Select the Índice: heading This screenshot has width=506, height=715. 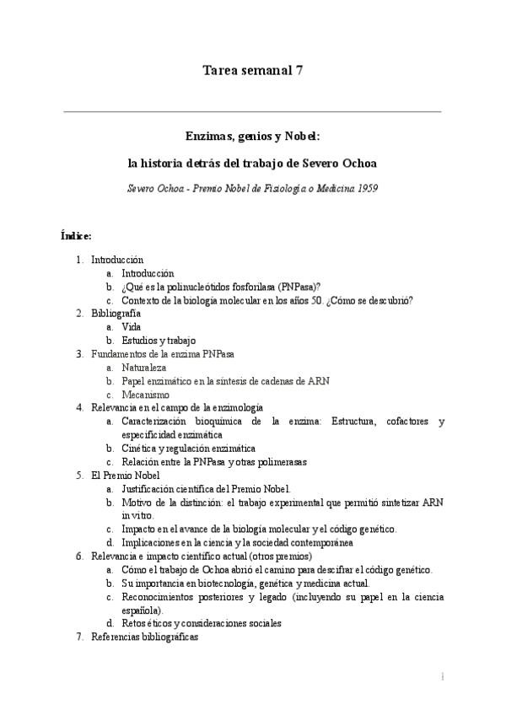click(x=77, y=234)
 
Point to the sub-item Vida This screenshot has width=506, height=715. click(x=131, y=327)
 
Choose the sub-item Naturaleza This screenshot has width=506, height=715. click(x=144, y=368)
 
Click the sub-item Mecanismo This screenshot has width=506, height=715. click(x=145, y=395)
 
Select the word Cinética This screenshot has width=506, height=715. click(x=139, y=449)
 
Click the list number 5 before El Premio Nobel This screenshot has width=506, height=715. click(x=80, y=476)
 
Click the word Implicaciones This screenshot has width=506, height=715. click(x=152, y=543)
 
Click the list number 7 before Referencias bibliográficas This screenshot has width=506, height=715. click(x=80, y=637)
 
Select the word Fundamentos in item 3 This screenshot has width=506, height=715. click(x=119, y=354)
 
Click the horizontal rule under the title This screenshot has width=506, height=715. click(x=253, y=110)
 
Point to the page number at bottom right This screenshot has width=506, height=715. click(x=442, y=677)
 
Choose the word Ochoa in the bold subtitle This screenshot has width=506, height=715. click(x=358, y=161)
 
